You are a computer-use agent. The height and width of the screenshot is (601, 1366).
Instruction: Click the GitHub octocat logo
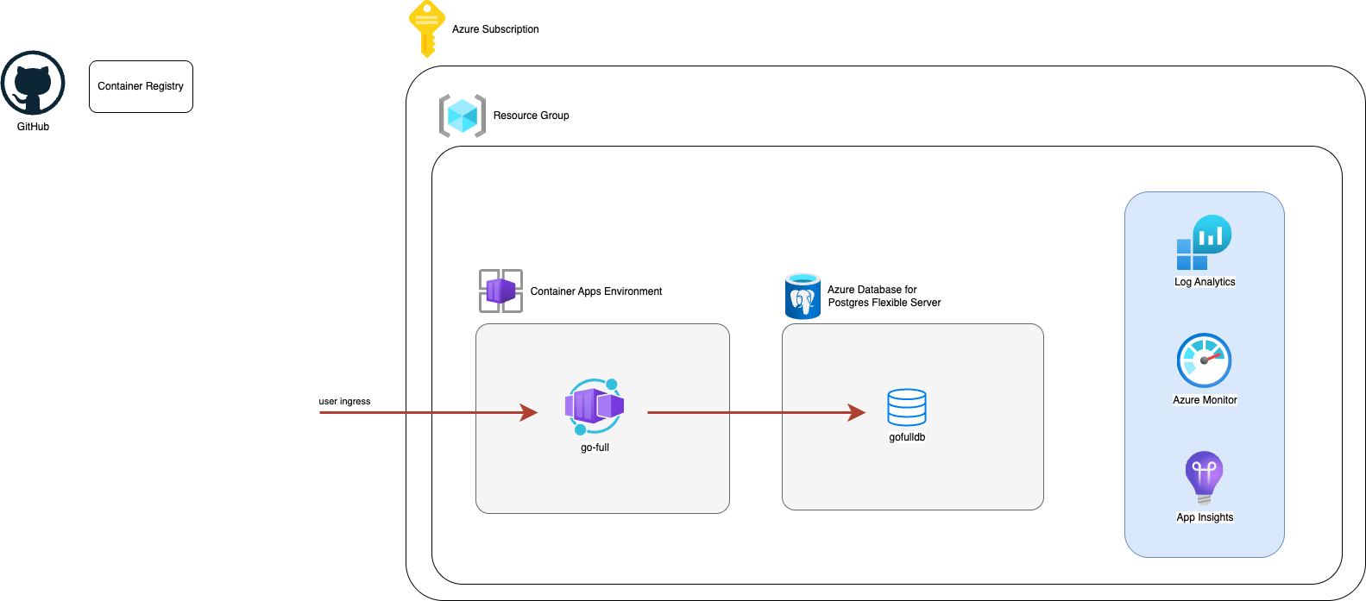coord(33,83)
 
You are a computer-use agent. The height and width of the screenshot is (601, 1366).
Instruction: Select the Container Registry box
coord(141,86)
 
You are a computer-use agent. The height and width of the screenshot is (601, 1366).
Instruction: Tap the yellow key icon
coord(426,28)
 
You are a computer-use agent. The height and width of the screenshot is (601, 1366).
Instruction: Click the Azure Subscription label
coord(495,29)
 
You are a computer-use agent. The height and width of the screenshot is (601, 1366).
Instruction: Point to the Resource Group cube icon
coord(463,116)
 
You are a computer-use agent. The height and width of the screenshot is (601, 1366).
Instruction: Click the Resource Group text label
coord(531,116)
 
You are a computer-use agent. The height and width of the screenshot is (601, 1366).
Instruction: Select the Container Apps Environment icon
coord(500,291)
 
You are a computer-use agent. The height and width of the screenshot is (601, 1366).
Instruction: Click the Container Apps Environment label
coord(595,291)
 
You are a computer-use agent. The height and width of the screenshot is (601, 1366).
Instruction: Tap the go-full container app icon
coord(594,406)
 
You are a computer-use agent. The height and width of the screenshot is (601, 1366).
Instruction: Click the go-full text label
coord(595,448)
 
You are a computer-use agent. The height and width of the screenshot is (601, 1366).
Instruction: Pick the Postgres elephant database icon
coord(803,296)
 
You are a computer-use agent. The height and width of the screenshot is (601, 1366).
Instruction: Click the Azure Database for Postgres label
coord(884,296)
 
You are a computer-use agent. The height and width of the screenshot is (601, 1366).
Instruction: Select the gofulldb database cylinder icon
coord(907,407)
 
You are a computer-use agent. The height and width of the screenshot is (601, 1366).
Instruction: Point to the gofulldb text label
coord(907,437)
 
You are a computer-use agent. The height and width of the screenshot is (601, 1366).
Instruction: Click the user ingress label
coord(344,401)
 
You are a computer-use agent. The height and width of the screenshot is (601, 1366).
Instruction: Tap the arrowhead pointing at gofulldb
coord(857,412)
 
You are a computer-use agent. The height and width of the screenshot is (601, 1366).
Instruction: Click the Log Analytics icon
coord(1204,242)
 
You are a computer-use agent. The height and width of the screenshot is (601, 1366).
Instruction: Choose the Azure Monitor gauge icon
coord(1204,360)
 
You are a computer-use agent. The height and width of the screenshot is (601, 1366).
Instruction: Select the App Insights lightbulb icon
coord(1204,477)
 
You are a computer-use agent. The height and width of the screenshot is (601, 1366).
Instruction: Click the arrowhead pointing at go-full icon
coord(529,412)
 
